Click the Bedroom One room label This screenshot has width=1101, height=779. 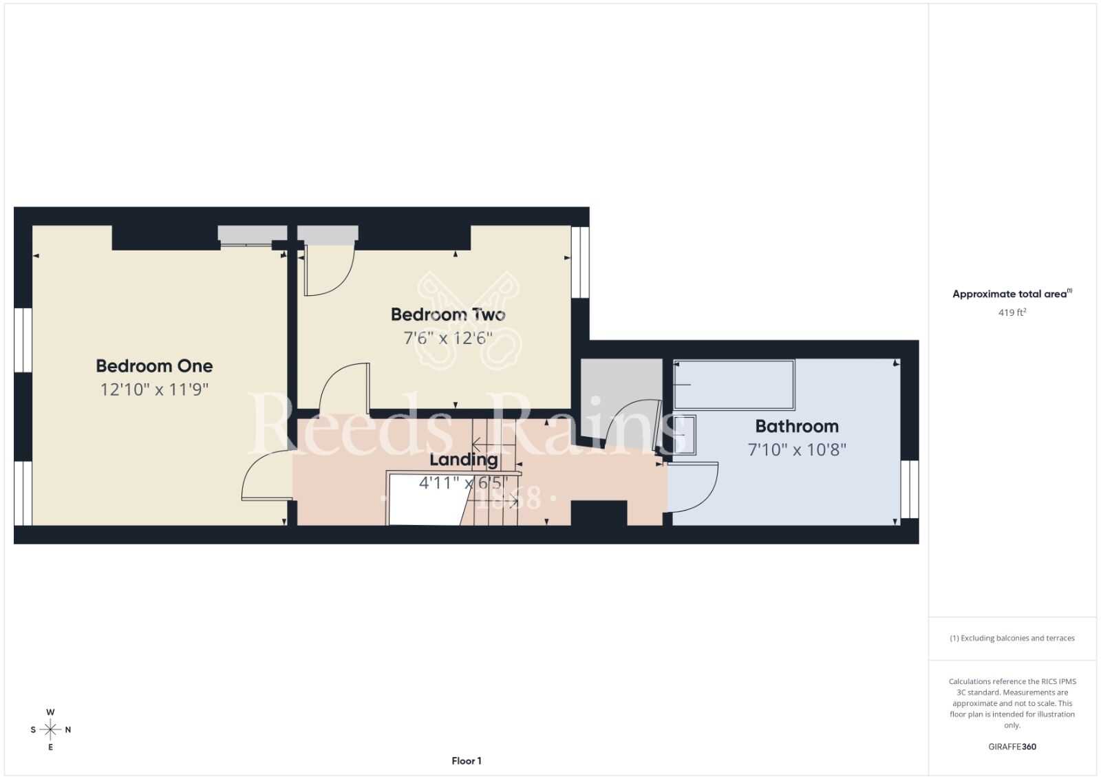click(154, 366)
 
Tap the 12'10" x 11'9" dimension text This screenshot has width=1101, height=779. click(154, 389)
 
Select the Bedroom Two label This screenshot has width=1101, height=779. click(448, 314)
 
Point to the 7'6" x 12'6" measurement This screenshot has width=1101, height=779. click(448, 338)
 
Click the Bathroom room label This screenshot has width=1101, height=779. click(797, 426)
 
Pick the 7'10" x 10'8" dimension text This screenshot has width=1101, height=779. click(797, 449)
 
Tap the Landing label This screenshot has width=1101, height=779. click(464, 460)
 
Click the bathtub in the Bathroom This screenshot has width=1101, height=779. click(734, 385)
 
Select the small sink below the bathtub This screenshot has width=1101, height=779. click(684, 435)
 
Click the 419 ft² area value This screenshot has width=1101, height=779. click(1012, 312)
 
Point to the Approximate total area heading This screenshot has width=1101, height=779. click(1012, 294)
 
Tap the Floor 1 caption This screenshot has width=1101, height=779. click(467, 761)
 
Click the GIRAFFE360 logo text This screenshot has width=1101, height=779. click(1012, 747)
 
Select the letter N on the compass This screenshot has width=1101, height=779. click(68, 730)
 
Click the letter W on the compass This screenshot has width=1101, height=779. click(50, 712)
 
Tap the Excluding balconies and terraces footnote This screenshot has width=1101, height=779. click(1012, 638)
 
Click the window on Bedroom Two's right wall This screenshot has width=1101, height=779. click(580, 262)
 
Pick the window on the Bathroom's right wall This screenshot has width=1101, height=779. click(909, 489)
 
